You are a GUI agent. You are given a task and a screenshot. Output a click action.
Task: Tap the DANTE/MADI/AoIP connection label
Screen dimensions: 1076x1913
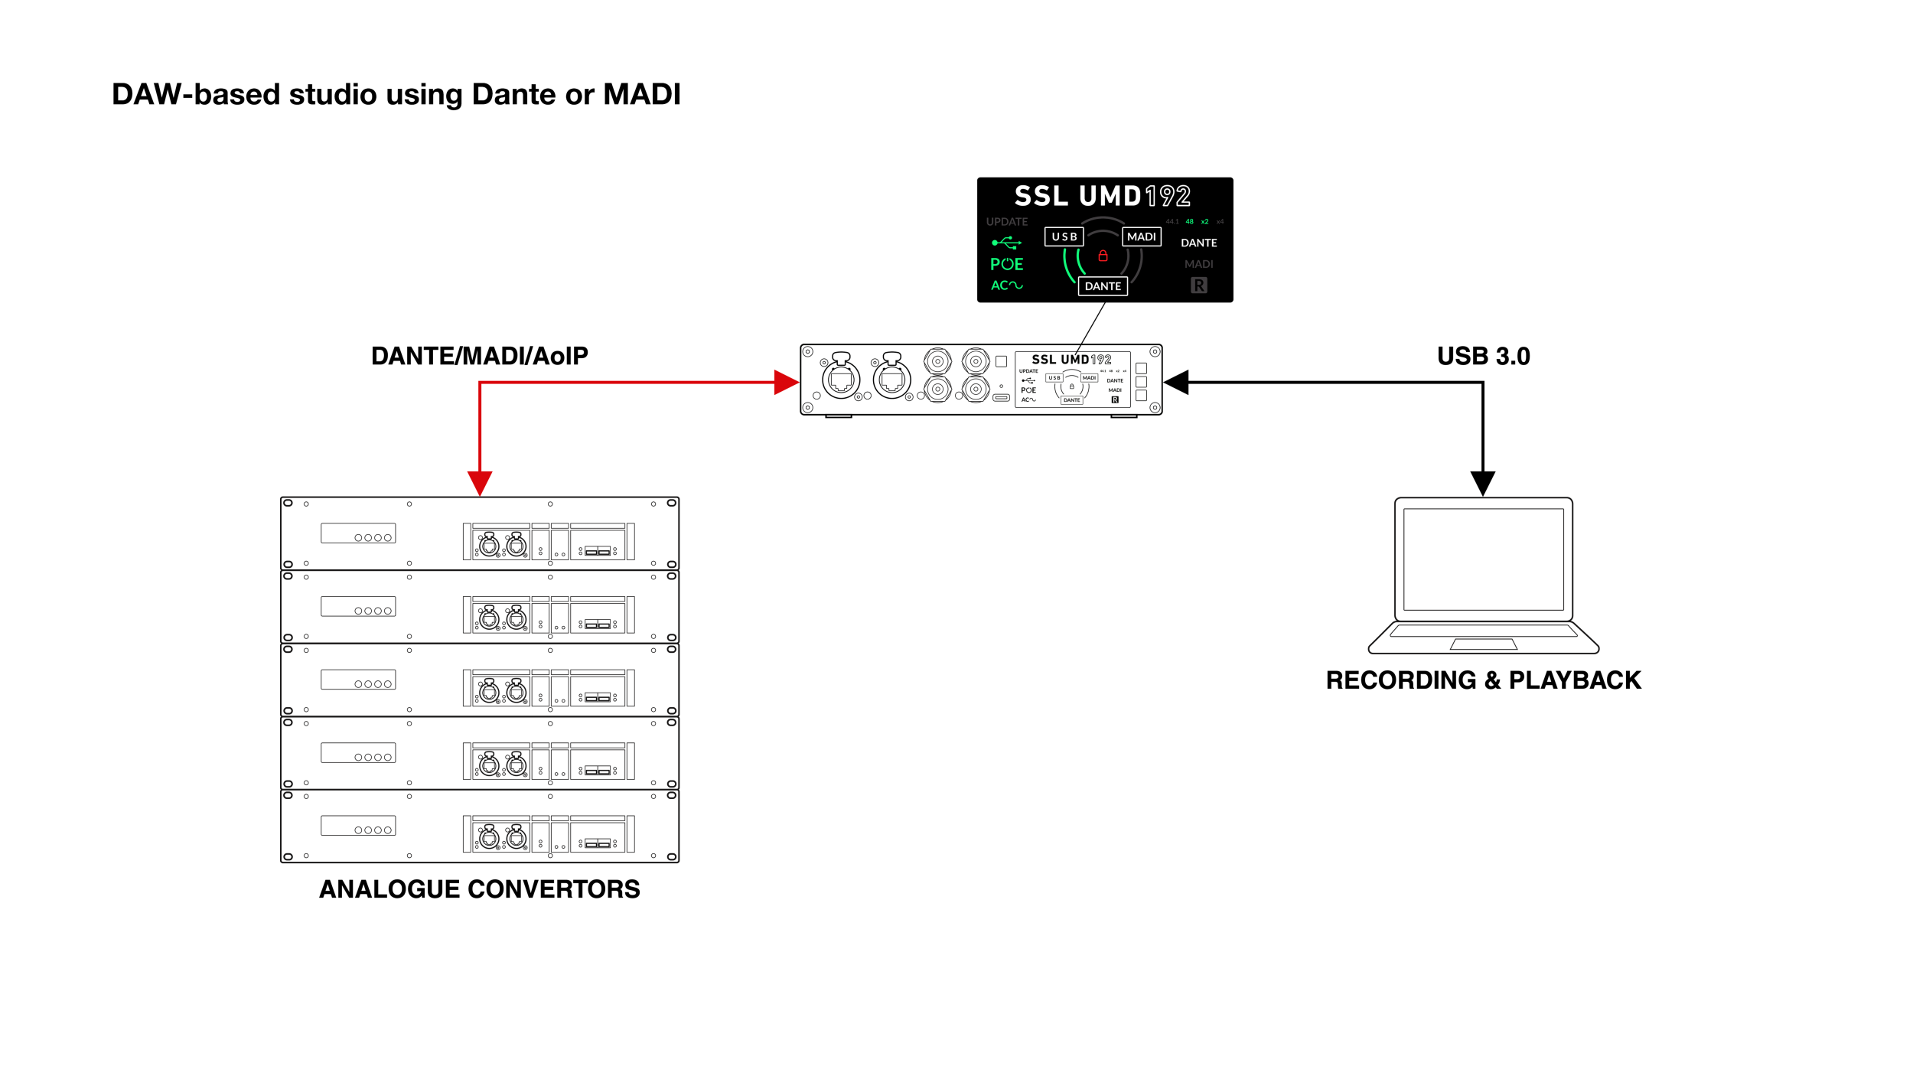click(x=480, y=356)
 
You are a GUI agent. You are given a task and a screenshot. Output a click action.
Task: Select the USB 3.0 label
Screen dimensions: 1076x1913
click(x=1483, y=356)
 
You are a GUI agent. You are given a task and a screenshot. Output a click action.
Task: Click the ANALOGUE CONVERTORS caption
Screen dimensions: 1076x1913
click(x=480, y=889)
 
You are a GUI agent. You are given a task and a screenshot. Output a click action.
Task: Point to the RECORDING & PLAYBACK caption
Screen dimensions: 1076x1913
click(x=1483, y=680)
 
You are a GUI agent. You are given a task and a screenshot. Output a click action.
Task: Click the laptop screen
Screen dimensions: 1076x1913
click(x=1483, y=559)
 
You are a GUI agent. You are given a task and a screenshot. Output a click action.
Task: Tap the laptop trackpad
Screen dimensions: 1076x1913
click(x=1483, y=644)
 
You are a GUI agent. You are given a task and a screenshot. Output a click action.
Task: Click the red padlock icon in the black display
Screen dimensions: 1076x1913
click(x=1103, y=256)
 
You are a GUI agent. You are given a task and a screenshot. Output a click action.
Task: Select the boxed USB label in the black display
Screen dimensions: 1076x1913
click(x=1064, y=237)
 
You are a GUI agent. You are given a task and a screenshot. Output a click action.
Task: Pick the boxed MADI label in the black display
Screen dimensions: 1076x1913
click(x=1141, y=237)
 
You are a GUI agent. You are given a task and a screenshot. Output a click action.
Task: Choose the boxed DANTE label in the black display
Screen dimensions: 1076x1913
click(x=1103, y=286)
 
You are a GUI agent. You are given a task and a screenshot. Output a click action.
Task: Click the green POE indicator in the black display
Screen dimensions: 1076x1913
click(x=1006, y=264)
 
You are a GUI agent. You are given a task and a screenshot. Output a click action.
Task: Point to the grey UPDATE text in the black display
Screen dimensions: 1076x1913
click(x=1006, y=222)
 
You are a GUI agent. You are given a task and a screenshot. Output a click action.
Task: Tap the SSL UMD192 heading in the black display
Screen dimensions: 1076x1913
click(x=1102, y=196)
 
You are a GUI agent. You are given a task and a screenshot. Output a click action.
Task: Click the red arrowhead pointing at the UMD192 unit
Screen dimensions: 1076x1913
click(x=786, y=382)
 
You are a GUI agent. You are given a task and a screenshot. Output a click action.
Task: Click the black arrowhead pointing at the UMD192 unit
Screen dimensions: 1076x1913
click(x=1177, y=382)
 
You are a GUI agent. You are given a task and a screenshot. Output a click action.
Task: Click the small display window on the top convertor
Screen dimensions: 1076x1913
click(x=358, y=533)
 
